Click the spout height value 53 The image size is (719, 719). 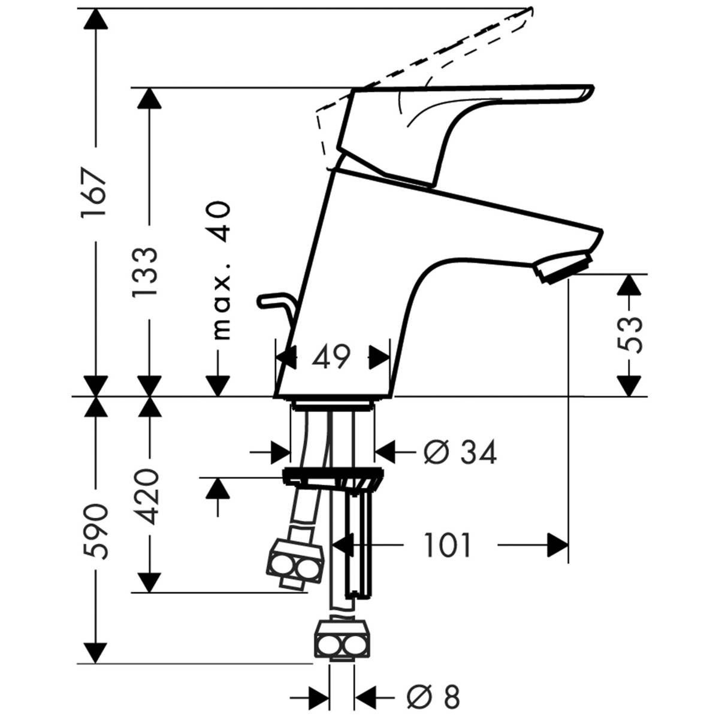[629, 334]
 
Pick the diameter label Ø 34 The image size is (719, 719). [460, 453]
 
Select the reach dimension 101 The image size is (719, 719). [448, 545]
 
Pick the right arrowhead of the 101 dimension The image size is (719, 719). [558, 545]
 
